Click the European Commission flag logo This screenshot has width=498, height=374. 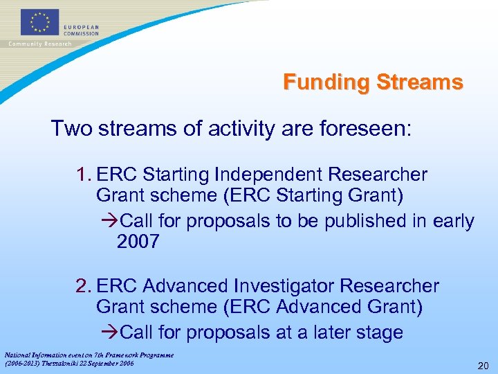click(x=39, y=22)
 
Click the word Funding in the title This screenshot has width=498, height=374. click(x=326, y=82)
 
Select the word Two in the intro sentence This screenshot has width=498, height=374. click(x=71, y=129)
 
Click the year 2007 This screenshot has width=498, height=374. click(x=138, y=242)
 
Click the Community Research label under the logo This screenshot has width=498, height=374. click(x=39, y=44)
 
